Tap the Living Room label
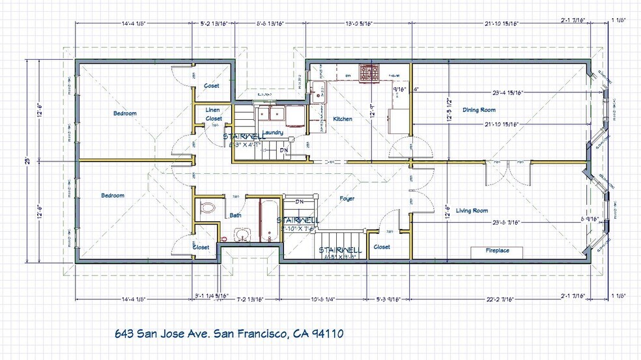(x=472, y=210)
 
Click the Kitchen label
(x=343, y=119)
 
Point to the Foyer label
(x=347, y=199)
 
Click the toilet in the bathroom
(x=207, y=208)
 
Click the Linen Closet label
(x=214, y=114)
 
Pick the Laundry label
(x=273, y=133)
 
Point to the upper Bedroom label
(x=125, y=113)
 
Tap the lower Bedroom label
(x=112, y=195)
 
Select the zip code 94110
(x=326, y=333)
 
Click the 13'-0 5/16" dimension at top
(x=359, y=23)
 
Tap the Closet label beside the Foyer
(x=382, y=247)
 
